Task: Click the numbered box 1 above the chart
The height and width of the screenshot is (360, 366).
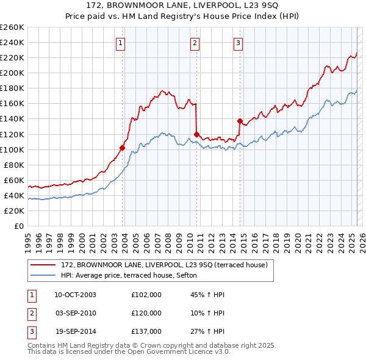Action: (x=121, y=43)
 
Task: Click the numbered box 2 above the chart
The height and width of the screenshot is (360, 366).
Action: (x=194, y=43)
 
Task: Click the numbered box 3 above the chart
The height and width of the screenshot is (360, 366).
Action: (x=238, y=43)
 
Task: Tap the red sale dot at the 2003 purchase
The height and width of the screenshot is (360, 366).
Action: (x=123, y=148)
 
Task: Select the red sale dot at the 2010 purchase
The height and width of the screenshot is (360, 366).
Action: (x=196, y=134)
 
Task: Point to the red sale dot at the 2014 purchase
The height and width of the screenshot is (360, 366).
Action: (x=240, y=121)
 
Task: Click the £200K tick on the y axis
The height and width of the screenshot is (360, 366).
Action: (x=12, y=73)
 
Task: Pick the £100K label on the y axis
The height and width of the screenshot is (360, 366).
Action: (x=12, y=149)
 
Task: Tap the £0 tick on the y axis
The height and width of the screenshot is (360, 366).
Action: (x=18, y=226)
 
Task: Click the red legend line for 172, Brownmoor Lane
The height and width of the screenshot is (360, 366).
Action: (x=43, y=265)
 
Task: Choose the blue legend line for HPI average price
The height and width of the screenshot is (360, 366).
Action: (x=43, y=275)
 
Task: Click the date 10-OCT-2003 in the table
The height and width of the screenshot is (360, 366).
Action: (x=75, y=295)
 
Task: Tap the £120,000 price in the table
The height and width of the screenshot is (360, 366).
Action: (x=146, y=313)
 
